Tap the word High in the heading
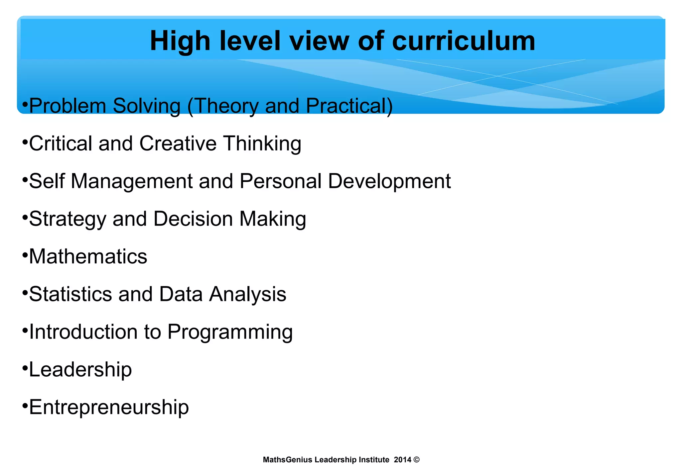coord(180,41)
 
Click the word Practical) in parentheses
coord(349,106)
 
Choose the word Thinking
coord(262,143)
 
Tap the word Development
coord(389,181)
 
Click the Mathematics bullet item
coord(88,257)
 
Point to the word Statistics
coord(70,294)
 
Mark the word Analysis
coord(247,295)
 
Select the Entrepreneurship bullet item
coord(109,408)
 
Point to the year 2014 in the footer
coord(402,460)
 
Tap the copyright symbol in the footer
coord(417,460)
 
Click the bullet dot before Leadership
coord(25,368)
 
